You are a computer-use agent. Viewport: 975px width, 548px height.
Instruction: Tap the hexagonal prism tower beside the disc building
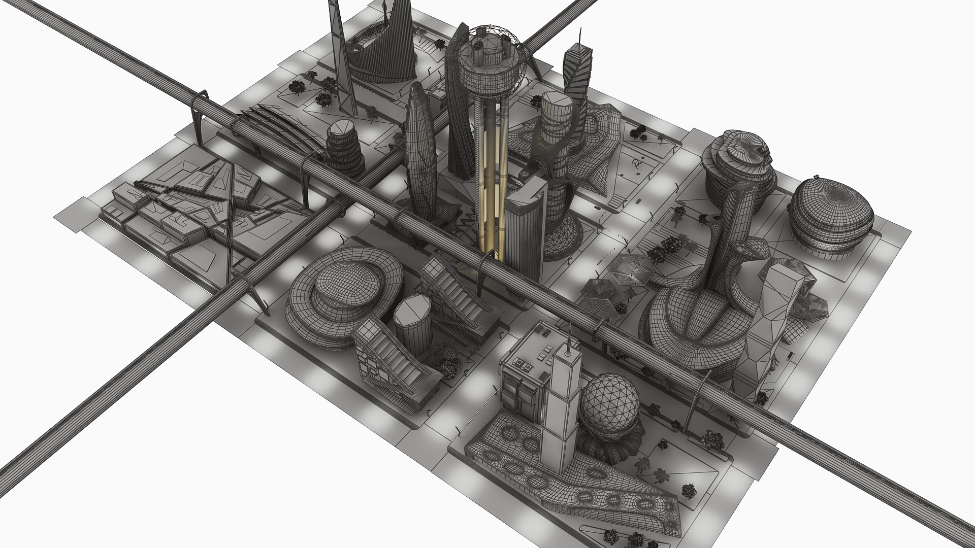point(412,325)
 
